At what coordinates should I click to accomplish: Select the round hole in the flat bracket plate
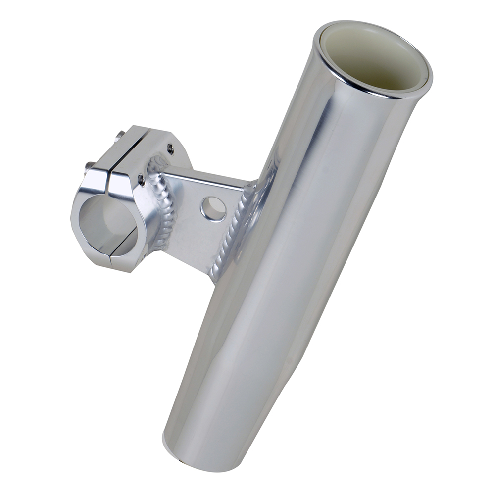[x=213, y=208]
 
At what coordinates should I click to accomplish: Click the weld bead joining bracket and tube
[x=233, y=233]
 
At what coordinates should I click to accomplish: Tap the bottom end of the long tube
[x=188, y=458]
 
